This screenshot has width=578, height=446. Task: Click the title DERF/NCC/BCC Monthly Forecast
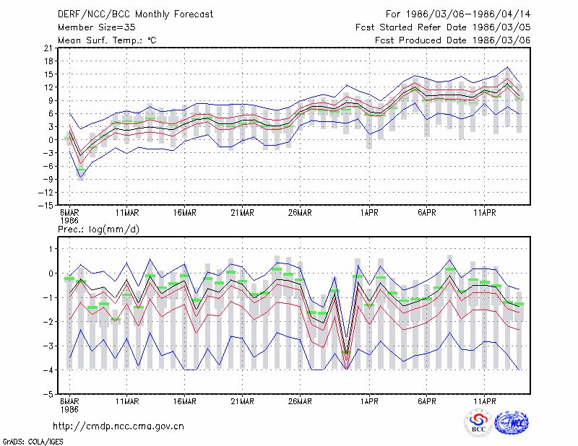(x=135, y=14)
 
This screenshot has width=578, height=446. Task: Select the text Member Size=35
(x=97, y=27)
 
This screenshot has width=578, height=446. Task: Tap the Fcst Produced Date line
(x=453, y=40)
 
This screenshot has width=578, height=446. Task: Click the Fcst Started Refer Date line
(x=443, y=27)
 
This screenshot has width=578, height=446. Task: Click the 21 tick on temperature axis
(x=48, y=48)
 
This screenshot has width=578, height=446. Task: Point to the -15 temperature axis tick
(x=46, y=206)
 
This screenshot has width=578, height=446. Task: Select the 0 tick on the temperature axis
(x=51, y=140)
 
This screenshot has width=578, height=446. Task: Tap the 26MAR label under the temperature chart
(x=300, y=213)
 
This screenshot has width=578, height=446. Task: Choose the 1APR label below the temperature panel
(x=369, y=213)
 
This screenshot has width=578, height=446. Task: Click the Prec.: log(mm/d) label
(x=98, y=229)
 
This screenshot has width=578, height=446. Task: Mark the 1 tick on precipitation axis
(x=51, y=249)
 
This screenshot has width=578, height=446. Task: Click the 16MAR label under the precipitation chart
(x=185, y=401)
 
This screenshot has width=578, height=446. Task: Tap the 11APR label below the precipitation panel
(x=484, y=401)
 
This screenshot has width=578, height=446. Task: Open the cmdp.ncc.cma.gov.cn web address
(x=118, y=427)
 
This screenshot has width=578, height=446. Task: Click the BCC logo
(x=478, y=423)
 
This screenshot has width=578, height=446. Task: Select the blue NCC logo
(x=512, y=423)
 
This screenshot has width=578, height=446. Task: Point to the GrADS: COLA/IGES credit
(x=33, y=442)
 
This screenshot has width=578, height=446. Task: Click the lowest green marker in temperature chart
(x=81, y=170)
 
